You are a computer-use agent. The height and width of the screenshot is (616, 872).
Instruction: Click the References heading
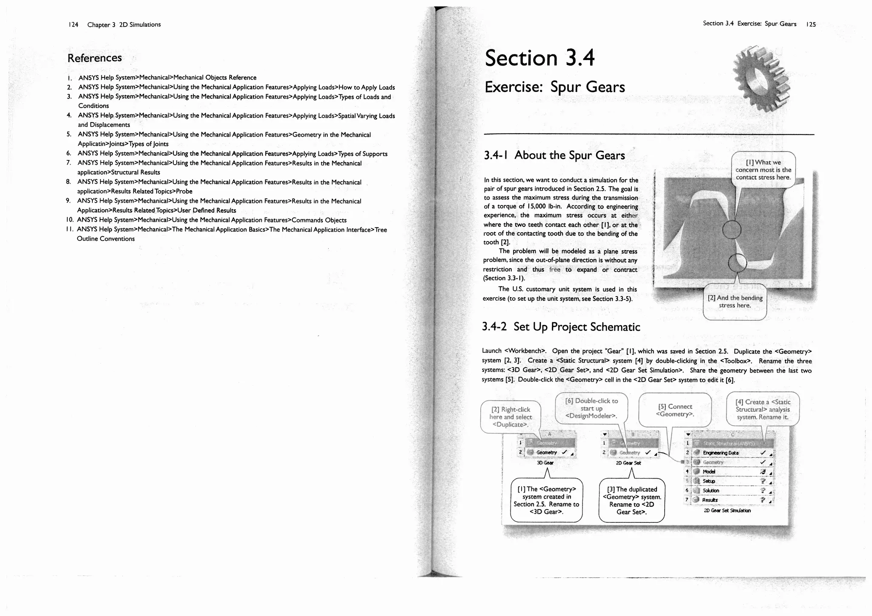click(95, 58)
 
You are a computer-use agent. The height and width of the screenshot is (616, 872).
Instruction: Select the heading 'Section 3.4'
click(539, 58)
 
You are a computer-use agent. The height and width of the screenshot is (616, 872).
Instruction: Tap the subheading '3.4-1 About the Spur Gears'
click(554, 155)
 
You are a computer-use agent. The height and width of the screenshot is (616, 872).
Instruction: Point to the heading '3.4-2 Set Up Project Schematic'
click(561, 327)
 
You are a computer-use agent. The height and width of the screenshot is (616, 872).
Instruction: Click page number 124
click(73, 25)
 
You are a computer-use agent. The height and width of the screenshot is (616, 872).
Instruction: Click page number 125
click(811, 24)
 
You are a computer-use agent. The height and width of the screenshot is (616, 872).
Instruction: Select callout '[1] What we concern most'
click(763, 170)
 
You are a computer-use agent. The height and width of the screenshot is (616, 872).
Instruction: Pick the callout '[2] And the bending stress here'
click(735, 301)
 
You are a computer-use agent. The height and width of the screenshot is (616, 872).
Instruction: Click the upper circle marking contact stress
click(731, 230)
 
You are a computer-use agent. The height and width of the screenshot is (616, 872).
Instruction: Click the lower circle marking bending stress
click(737, 263)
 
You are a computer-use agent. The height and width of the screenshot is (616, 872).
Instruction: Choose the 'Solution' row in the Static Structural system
click(711, 491)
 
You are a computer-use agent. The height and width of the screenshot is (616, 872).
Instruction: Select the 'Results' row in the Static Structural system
click(710, 500)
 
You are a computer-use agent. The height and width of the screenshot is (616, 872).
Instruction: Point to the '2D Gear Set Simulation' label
click(727, 510)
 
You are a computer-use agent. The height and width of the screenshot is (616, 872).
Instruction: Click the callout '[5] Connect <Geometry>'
click(675, 410)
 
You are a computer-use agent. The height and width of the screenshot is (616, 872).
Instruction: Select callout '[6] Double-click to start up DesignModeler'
click(591, 408)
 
